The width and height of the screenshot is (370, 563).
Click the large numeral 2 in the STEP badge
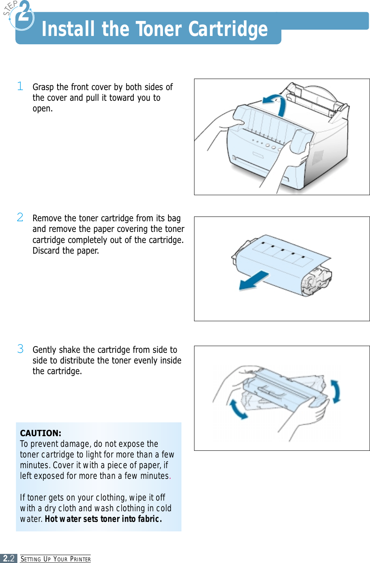(x=24, y=12)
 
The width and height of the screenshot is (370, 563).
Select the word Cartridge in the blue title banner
(x=228, y=29)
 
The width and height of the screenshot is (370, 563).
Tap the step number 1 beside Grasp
(x=20, y=86)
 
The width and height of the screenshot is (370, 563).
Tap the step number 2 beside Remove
(x=20, y=217)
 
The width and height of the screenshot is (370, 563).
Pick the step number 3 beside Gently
(x=20, y=348)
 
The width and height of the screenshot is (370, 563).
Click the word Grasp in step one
(x=43, y=87)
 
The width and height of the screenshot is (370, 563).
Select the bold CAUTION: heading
(x=41, y=433)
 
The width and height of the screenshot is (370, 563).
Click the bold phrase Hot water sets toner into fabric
(x=103, y=519)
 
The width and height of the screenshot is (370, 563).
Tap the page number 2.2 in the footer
(x=9, y=558)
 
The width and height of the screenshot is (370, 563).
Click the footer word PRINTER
(x=80, y=559)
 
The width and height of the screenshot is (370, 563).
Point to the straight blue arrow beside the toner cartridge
(x=253, y=281)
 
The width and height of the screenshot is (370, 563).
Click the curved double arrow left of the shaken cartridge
(x=238, y=409)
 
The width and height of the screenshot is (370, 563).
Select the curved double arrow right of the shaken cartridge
(x=335, y=391)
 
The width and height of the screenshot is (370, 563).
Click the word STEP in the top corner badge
(x=10, y=8)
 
